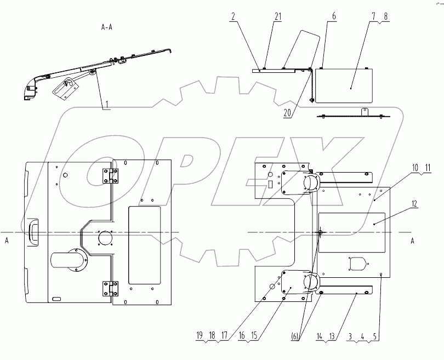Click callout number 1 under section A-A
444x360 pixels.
coord(106,105)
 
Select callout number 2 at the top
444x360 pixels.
coord(234,16)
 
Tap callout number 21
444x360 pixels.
coord(278,16)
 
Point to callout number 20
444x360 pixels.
coord(287,113)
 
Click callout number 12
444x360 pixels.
coord(414,204)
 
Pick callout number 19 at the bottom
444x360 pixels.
coord(200,335)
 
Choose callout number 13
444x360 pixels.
coord(332,336)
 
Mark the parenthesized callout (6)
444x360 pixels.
coord(295,336)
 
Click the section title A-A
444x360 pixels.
coord(107,27)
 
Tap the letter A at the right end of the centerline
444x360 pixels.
coord(413,241)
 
